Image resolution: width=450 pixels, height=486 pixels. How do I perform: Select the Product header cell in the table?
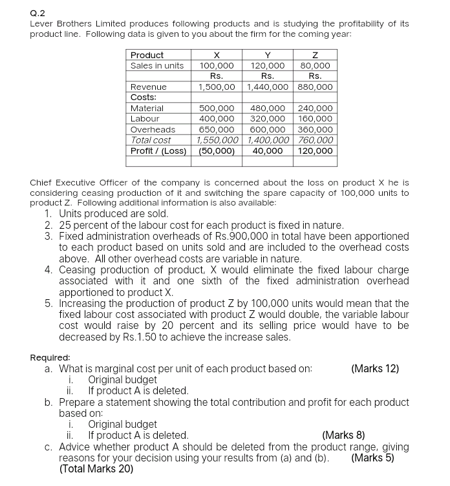tap(147, 55)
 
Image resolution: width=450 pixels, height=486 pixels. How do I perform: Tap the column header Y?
tap(268, 55)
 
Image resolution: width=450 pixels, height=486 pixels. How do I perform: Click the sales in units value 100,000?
tap(217, 65)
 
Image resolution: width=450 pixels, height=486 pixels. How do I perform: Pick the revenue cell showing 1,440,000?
tap(268, 87)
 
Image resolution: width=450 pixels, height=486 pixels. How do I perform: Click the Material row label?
tap(147, 108)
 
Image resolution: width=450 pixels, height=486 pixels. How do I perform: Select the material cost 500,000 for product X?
tap(217, 108)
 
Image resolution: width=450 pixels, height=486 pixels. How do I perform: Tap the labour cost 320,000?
tap(268, 119)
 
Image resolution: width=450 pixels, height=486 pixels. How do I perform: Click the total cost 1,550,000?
tap(217, 140)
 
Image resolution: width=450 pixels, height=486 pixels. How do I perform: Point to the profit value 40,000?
tap(268, 151)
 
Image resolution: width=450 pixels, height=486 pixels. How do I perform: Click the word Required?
tap(50, 357)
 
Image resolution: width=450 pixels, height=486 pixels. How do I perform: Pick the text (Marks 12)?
tap(374, 368)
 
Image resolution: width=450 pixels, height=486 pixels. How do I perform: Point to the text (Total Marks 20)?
tap(96, 469)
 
